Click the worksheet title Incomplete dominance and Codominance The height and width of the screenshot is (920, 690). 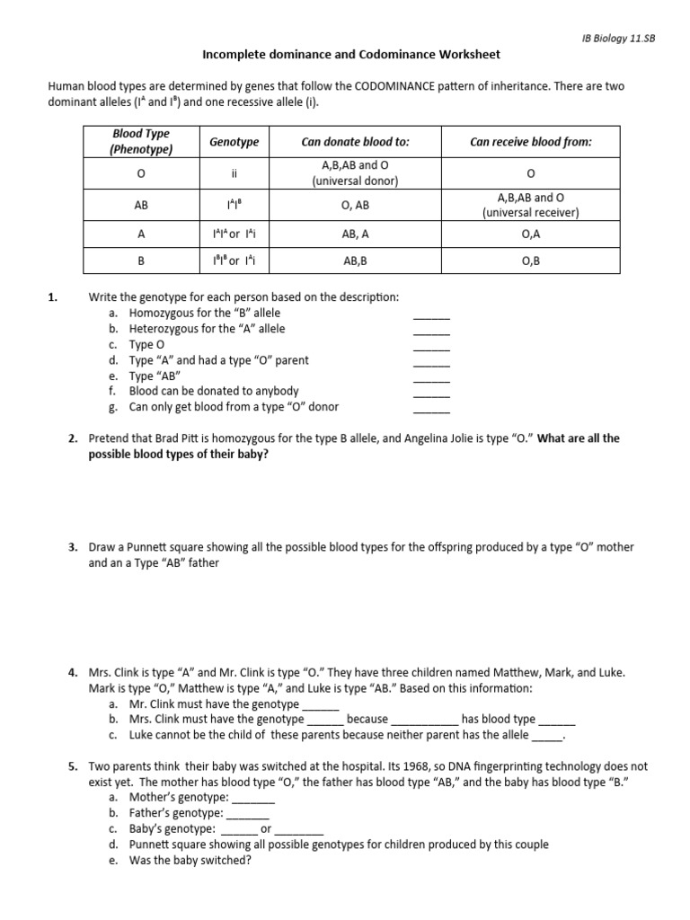click(351, 55)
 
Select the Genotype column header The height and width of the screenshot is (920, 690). click(234, 142)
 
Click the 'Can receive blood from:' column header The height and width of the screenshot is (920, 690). click(530, 142)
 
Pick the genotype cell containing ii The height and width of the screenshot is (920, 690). click(234, 172)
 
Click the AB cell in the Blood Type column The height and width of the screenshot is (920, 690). click(141, 205)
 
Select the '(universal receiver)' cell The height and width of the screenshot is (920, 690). click(530, 213)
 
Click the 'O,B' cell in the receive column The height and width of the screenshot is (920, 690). click(530, 261)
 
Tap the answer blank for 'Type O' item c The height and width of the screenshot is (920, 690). click(431, 349)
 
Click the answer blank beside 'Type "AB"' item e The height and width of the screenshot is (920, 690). click(431, 380)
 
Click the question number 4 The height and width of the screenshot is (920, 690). click(73, 673)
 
